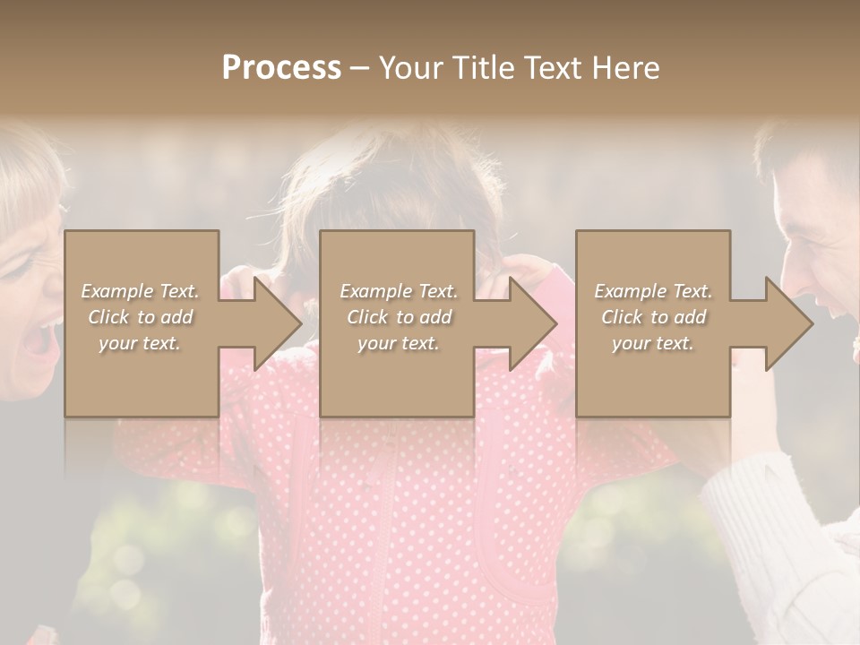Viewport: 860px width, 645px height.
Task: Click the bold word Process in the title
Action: (281, 68)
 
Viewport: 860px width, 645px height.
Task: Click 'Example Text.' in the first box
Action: (140, 291)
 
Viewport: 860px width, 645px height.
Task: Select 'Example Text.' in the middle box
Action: (398, 291)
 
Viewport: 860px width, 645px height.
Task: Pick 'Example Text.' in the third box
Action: (653, 291)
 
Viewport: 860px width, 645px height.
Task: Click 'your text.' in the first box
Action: (140, 343)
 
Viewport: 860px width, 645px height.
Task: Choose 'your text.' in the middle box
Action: (398, 343)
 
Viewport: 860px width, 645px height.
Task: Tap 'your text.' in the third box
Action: (653, 343)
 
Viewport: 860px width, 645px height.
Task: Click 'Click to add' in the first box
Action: (140, 317)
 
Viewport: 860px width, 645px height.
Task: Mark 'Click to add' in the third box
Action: (653, 317)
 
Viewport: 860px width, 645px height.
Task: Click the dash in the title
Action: (360, 69)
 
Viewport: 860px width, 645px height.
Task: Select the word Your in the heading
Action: (411, 68)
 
